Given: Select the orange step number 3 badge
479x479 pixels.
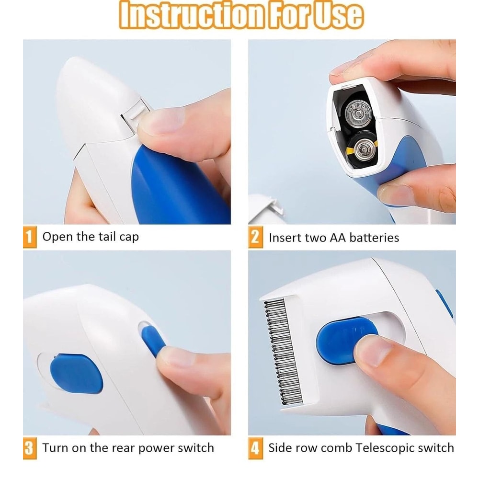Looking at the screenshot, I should tap(30, 449).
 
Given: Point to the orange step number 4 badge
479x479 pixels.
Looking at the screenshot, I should tap(255, 449).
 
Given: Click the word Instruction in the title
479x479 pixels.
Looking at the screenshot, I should tap(191, 15).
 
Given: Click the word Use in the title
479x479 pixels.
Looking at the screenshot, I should tap(337, 15).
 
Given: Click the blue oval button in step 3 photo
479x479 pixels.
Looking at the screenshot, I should tap(77, 373).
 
